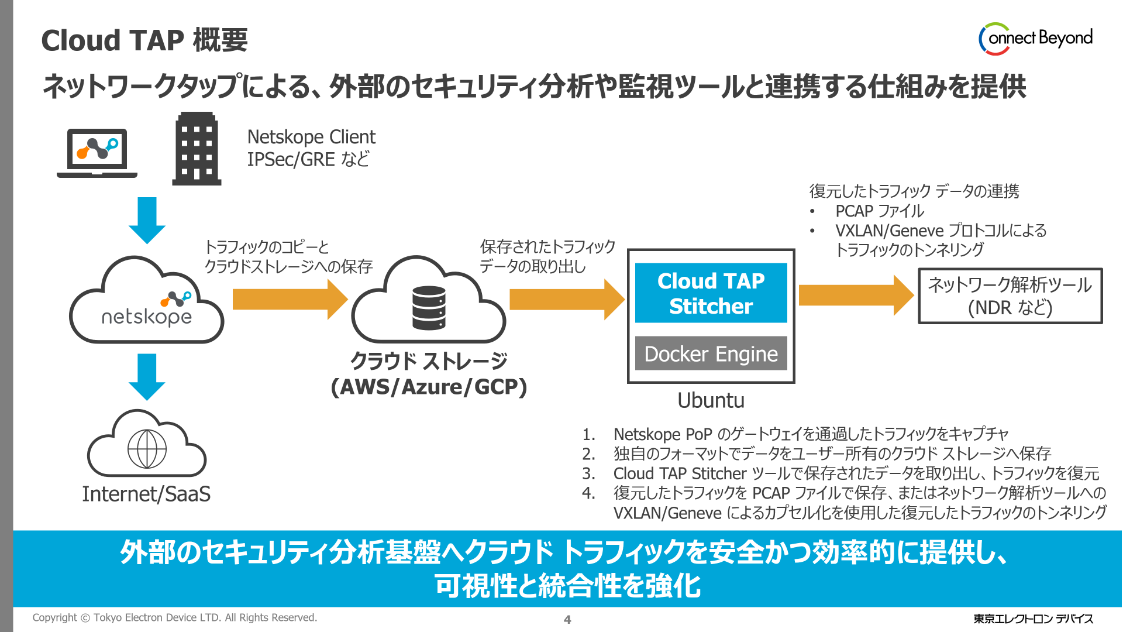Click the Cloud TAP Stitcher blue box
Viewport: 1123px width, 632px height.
pyautogui.click(x=711, y=293)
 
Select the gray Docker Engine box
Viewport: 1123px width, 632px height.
pyautogui.click(x=711, y=353)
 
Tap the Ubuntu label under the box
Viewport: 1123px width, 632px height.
pyautogui.click(x=711, y=401)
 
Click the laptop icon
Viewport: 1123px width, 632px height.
pyautogui.click(x=97, y=153)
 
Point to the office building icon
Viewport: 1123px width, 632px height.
pyautogui.click(x=197, y=149)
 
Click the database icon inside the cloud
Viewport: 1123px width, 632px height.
pyautogui.click(x=429, y=307)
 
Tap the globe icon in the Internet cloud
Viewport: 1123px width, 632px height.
pyautogui.click(x=147, y=449)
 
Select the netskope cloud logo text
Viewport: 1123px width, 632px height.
pyautogui.click(x=146, y=317)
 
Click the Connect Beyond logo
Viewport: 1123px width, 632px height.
pyautogui.click(x=1035, y=39)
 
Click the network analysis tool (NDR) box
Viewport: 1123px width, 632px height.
pyautogui.click(x=1010, y=296)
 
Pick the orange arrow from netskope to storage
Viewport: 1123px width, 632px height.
pyautogui.click(x=290, y=299)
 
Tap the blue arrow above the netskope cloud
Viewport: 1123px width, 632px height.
pyautogui.click(x=147, y=220)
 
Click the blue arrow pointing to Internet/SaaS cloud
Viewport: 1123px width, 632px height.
pyautogui.click(x=147, y=376)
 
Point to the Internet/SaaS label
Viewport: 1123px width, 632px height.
pyautogui.click(x=146, y=494)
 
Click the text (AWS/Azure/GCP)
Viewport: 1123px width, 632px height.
pyautogui.click(x=429, y=387)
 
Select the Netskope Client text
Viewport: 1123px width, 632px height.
pyautogui.click(x=311, y=137)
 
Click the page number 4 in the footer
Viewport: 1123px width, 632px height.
pyautogui.click(x=567, y=619)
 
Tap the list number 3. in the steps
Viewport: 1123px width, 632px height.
pyautogui.click(x=588, y=473)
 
